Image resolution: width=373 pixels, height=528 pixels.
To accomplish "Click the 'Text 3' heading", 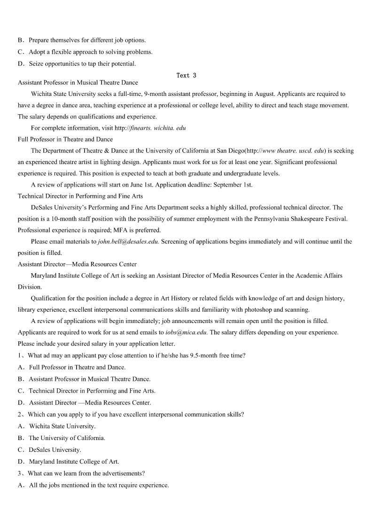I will click(186, 75).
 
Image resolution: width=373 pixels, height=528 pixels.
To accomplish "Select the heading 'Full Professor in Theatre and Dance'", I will click(65, 139).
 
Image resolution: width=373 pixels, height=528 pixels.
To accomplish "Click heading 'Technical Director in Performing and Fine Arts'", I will click(80, 196).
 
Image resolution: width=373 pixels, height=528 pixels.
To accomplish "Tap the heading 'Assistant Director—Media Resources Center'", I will click(77, 264).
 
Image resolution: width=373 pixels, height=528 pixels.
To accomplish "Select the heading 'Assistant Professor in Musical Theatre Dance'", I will click(78, 82).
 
